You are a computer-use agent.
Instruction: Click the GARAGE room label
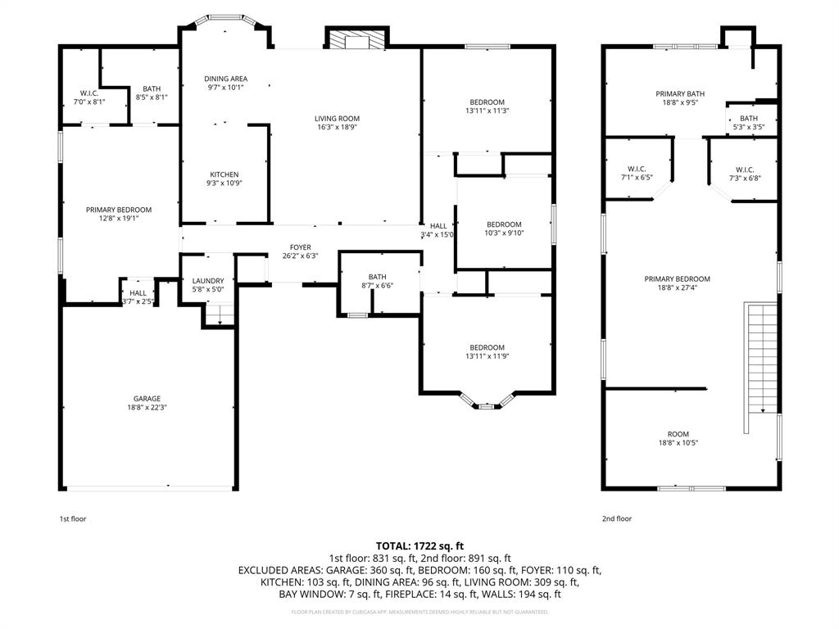(147, 399)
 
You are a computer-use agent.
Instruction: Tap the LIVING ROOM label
(337, 119)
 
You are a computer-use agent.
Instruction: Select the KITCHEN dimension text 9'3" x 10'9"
(224, 183)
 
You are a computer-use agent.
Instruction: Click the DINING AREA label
(225, 79)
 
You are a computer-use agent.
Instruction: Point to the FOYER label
(300, 247)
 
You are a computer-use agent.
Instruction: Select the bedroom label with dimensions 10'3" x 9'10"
(504, 224)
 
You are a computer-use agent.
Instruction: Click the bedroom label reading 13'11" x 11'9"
(487, 347)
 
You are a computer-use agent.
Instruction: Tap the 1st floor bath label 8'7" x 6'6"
(377, 277)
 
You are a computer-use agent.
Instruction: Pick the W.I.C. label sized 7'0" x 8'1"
(89, 93)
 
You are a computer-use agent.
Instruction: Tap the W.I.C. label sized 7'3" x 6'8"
(744, 170)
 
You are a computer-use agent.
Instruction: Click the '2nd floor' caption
(617, 518)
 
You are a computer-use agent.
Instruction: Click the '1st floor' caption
(72, 518)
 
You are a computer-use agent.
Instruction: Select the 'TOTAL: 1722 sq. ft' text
(419, 545)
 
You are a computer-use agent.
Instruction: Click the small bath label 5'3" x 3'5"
(749, 119)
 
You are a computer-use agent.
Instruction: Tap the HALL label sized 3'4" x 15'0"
(438, 226)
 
